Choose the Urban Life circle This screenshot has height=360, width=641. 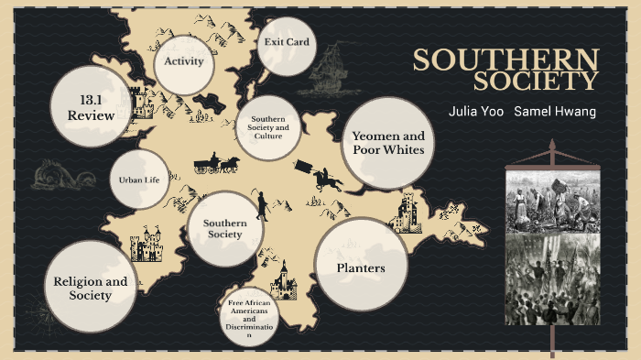pyautogui.click(x=139, y=180)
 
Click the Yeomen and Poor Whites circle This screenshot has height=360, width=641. pyautogui.click(x=387, y=143)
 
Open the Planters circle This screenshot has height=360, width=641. pyautogui.click(x=360, y=267)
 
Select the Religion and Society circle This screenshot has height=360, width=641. pyautogui.click(x=90, y=288)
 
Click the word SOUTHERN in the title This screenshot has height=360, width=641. pyautogui.click(x=505, y=60)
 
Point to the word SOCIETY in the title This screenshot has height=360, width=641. pyautogui.click(x=536, y=82)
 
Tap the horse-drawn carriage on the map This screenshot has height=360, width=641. pyautogui.click(x=216, y=165)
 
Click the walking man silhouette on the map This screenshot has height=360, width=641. pyautogui.click(x=262, y=205)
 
